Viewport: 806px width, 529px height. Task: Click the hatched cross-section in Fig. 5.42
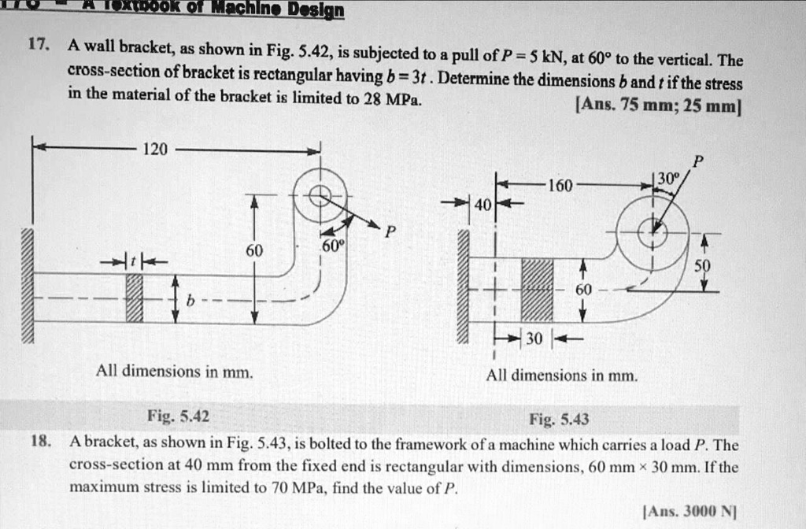tap(135, 298)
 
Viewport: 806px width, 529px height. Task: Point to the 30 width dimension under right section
tap(534, 340)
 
